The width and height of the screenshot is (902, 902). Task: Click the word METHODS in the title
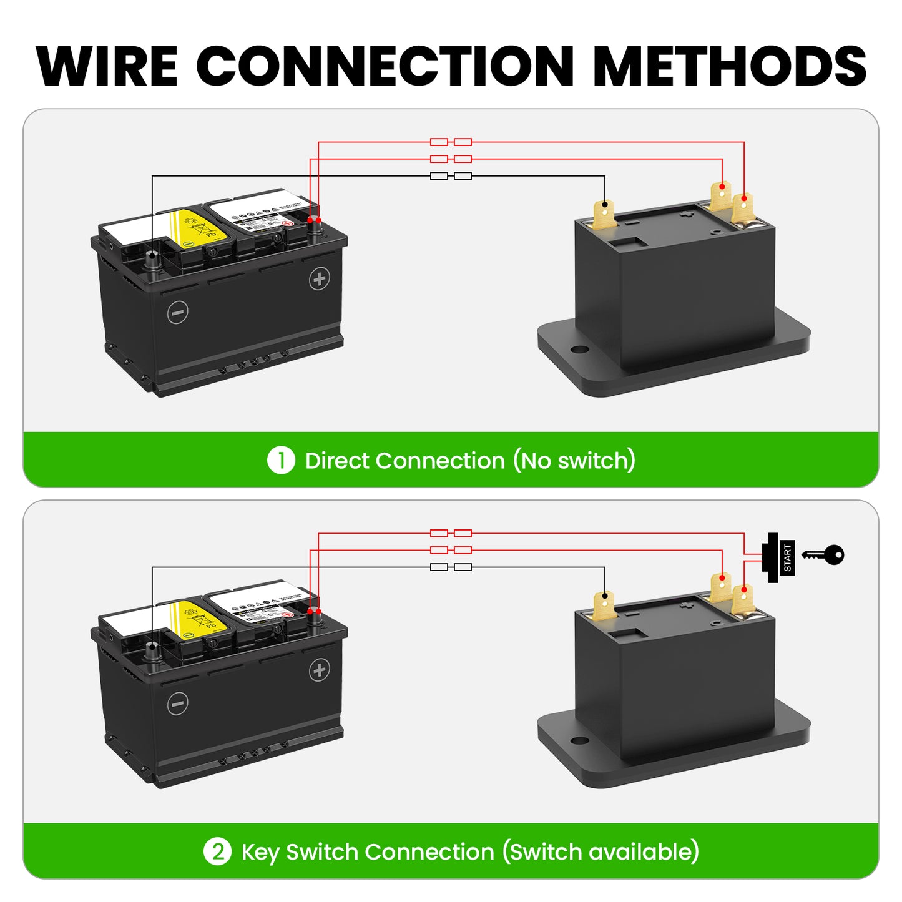click(x=730, y=66)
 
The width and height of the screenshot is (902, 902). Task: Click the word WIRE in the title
click(x=107, y=66)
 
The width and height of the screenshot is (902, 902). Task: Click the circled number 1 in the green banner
click(x=281, y=461)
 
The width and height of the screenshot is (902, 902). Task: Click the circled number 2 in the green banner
click(x=217, y=852)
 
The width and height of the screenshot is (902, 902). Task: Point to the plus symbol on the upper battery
click(x=320, y=279)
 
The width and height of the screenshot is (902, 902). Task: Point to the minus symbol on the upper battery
click(x=178, y=312)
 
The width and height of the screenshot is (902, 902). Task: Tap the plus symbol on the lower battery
click(x=320, y=670)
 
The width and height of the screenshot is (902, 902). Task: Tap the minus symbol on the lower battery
click(x=178, y=703)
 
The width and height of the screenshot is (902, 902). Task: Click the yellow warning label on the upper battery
click(x=195, y=227)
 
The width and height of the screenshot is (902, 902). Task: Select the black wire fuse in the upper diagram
click(x=451, y=176)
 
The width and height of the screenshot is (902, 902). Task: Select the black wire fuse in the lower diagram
click(x=451, y=567)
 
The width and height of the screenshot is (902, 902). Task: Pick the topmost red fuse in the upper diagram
click(x=451, y=142)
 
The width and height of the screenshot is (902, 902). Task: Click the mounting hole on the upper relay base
click(x=579, y=350)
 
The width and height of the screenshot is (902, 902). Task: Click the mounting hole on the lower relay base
click(x=579, y=741)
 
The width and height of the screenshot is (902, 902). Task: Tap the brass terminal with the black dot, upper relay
click(x=604, y=213)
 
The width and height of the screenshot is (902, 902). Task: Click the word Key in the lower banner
click(x=260, y=853)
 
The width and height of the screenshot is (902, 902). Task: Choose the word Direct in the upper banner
click(x=337, y=461)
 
